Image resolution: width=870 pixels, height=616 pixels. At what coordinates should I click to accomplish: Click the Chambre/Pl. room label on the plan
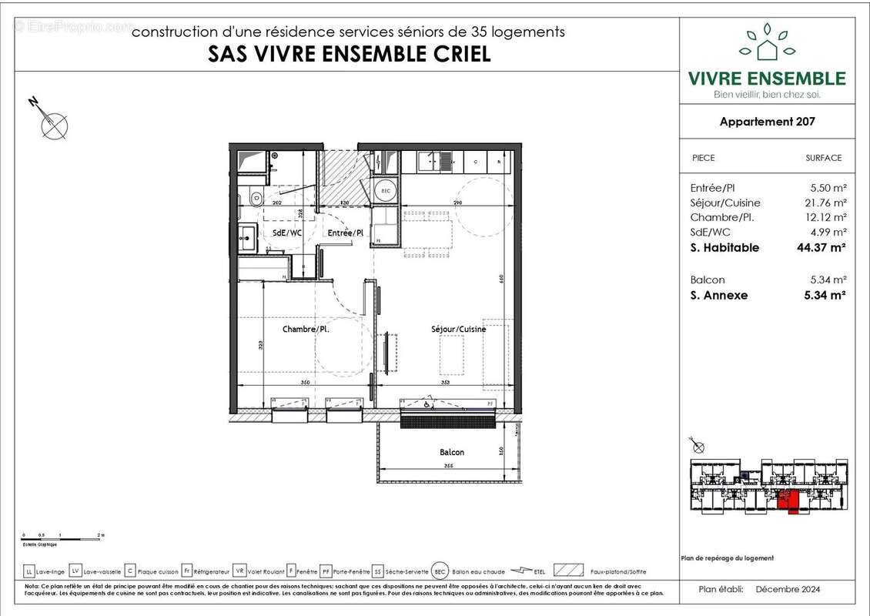(306, 330)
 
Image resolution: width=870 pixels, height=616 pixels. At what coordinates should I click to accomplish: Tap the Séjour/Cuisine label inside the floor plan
(459, 330)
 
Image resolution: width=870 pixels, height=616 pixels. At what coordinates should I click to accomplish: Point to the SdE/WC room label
(286, 233)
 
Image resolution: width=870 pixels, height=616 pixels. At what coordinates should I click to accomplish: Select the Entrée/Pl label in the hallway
(346, 233)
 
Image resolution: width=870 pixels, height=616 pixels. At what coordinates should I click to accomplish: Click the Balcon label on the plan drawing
(452, 453)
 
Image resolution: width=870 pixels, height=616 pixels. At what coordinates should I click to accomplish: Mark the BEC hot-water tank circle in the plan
(383, 190)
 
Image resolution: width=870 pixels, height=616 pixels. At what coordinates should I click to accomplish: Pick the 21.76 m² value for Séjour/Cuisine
(825, 203)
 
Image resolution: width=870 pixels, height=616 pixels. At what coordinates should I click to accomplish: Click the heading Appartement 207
(767, 122)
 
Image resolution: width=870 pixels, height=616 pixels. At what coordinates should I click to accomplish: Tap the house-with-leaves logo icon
(766, 44)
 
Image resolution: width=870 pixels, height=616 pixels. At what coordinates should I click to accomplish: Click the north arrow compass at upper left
(52, 122)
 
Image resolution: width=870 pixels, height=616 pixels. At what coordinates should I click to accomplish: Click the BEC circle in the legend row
(440, 571)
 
